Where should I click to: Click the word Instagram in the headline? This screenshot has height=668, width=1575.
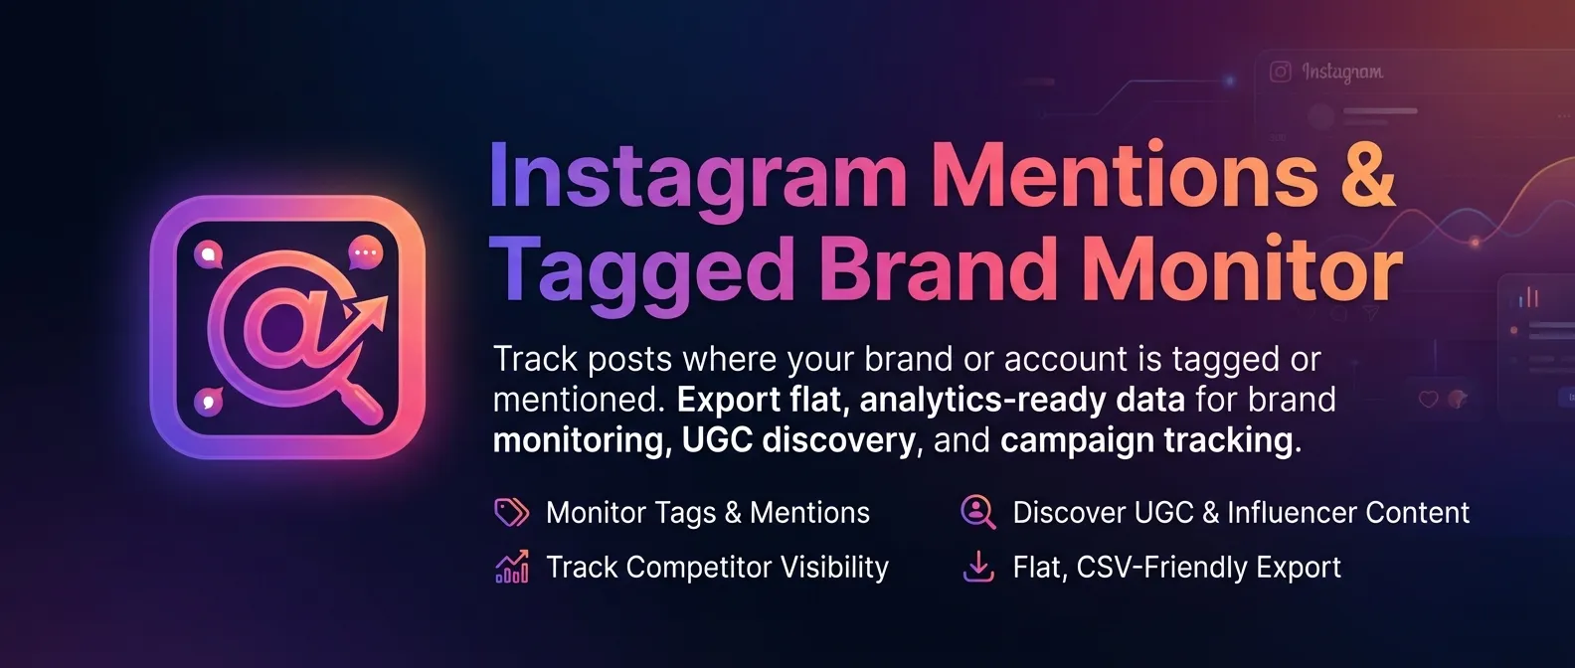coord(696,177)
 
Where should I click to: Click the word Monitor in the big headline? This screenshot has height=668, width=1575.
coord(1242,268)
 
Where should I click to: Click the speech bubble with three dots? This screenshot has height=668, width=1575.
coord(365,252)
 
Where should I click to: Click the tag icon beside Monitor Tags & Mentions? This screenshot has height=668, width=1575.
coord(511,512)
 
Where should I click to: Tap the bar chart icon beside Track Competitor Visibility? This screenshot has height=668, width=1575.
coord(511,567)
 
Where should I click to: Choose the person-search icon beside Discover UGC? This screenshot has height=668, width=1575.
coord(977,512)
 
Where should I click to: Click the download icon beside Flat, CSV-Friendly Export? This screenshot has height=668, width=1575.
coord(978,567)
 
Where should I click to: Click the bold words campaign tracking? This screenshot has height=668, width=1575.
coord(1149,439)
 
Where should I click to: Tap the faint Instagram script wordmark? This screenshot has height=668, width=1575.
coord(1342,72)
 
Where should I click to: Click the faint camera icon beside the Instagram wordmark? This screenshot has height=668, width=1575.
coord(1281,72)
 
